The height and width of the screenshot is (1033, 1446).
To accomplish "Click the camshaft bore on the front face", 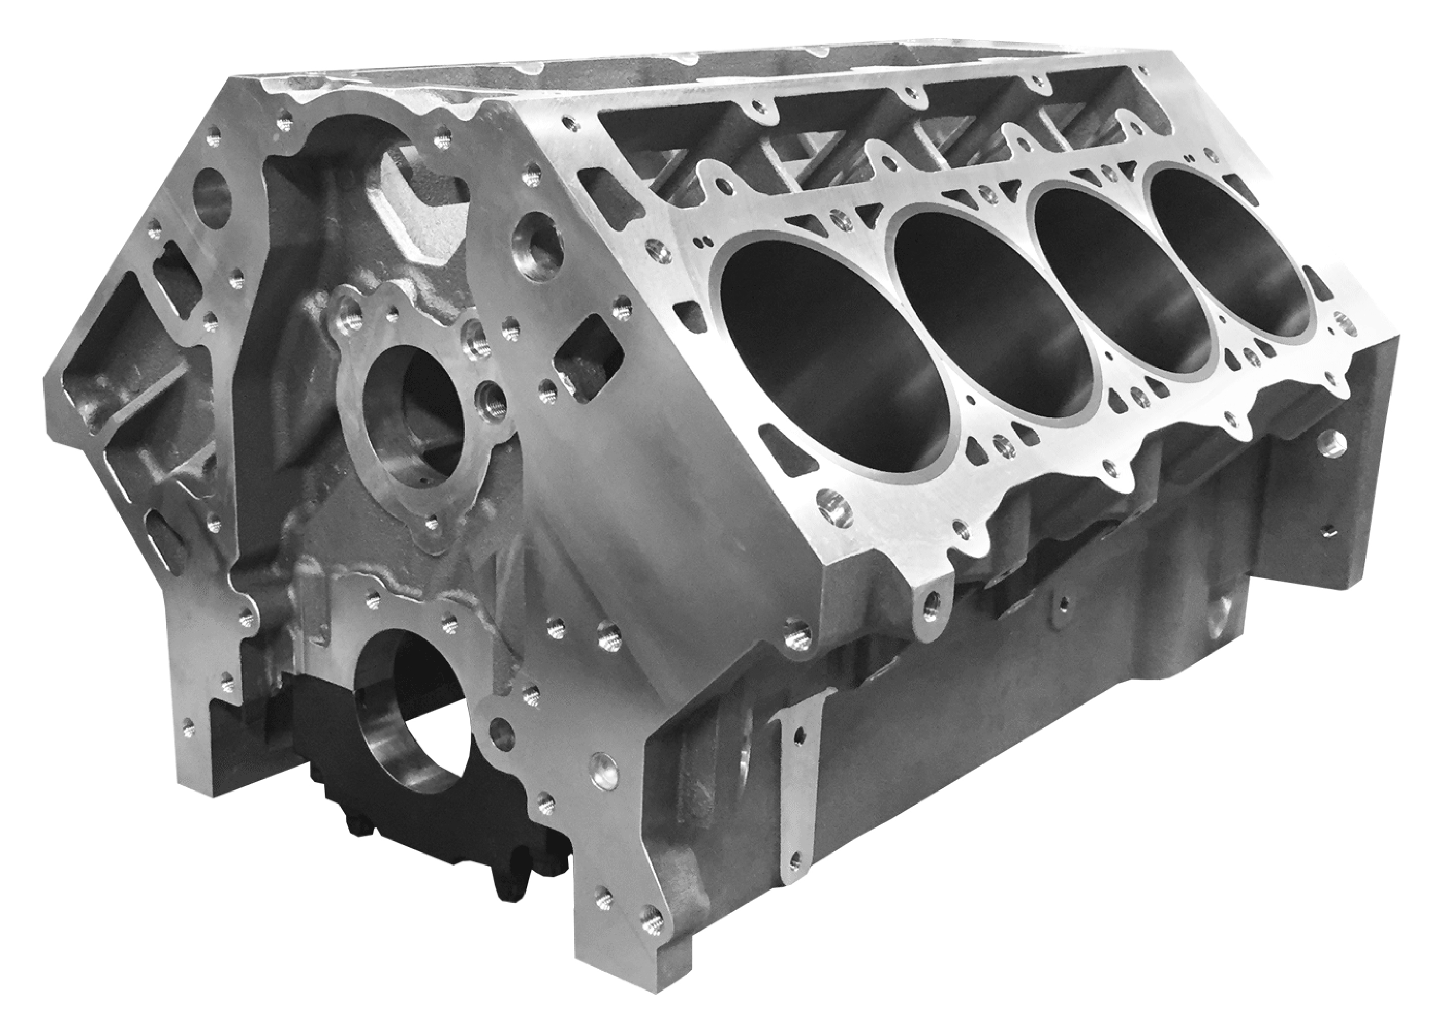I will [410, 407].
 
